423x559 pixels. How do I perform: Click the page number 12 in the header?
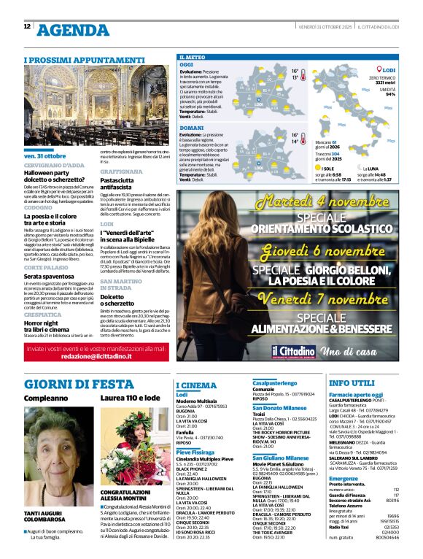pyautogui.click(x=27, y=27)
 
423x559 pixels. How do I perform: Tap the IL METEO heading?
pyautogui.click(x=193, y=56)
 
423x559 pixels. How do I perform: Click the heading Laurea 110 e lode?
pyautogui.click(x=130, y=398)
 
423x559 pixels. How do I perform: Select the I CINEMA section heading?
pyautogui.click(x=196, y=385)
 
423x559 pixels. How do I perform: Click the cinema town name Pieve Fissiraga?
pyautogui.click(x=195, y=452)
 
